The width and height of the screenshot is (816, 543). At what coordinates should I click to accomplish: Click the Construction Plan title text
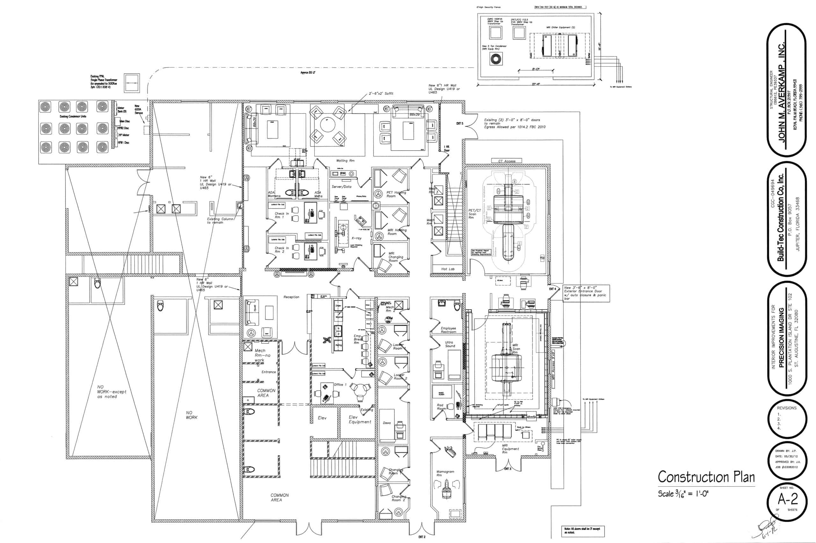pos(706,477)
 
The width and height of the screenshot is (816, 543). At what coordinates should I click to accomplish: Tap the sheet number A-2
pos(788,499)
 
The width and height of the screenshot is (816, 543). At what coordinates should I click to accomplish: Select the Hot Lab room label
pos(448,269)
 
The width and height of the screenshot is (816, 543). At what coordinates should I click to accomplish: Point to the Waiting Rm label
pos(345,161)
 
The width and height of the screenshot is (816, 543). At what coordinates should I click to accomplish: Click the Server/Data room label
pos(341,187)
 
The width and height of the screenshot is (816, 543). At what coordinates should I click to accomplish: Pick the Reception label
pos(291,297)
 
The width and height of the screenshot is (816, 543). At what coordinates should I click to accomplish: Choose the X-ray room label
pos(356,238)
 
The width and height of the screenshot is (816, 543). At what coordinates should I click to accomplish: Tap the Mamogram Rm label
pos(445,473)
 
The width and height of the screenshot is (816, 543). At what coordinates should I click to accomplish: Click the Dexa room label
pos(387,423)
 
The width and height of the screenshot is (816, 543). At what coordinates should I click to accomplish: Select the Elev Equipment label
pos(360,420)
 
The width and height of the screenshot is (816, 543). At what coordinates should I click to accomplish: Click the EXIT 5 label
pos(459,124)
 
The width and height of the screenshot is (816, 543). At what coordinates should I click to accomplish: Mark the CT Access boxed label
pos(506,161)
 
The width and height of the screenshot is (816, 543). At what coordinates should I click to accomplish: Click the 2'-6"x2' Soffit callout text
pos(381,94)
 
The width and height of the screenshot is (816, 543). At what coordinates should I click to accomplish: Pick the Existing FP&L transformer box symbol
pos(132,83)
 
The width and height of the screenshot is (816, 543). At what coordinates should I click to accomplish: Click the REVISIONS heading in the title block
pos(787,408)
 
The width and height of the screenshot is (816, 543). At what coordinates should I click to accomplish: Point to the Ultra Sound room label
pos(449,344)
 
